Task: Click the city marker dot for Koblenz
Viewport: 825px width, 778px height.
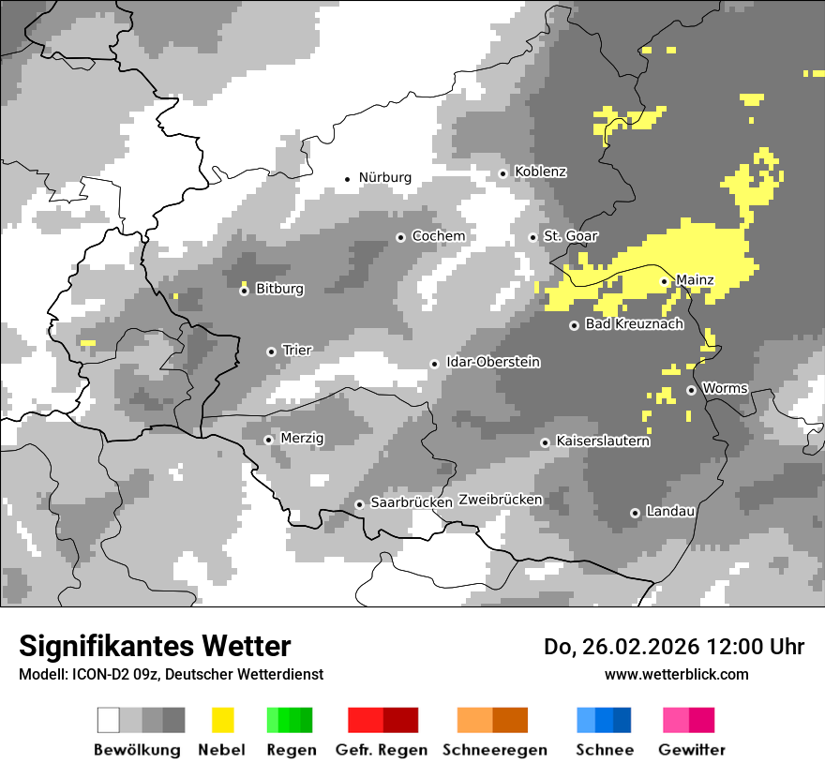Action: pos(502,173)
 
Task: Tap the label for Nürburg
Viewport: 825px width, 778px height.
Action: pos(384,177)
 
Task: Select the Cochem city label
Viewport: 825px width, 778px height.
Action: pos(438,236)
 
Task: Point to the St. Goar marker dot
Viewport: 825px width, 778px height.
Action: pos(532,237)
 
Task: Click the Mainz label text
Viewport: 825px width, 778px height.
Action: pos(695,280)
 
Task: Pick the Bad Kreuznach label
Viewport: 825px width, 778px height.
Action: pos(634,324)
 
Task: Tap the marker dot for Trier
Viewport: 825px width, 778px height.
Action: pos(271,352)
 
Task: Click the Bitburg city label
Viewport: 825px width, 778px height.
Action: pos(279,289)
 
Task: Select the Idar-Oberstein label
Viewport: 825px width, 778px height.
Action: pos(493,363)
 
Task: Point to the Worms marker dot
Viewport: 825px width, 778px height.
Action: pos(691,390)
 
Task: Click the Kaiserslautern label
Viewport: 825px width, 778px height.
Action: pos(602,441)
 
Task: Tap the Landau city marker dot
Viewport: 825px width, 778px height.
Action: pos(635,513)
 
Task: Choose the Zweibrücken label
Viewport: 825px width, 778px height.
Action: pos(500,500)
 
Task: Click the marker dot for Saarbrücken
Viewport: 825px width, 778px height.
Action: pos(359,504)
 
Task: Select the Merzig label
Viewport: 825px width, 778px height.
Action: pos(302,438)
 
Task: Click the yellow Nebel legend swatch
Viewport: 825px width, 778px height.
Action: pos(222,720)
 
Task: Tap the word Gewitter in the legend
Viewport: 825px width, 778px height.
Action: pos(691,750)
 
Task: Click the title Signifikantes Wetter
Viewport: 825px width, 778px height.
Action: pos(155,647)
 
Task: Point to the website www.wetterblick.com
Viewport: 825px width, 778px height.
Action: pos(676,674)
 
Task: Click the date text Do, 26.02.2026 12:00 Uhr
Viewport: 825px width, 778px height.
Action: pos(673,647)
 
